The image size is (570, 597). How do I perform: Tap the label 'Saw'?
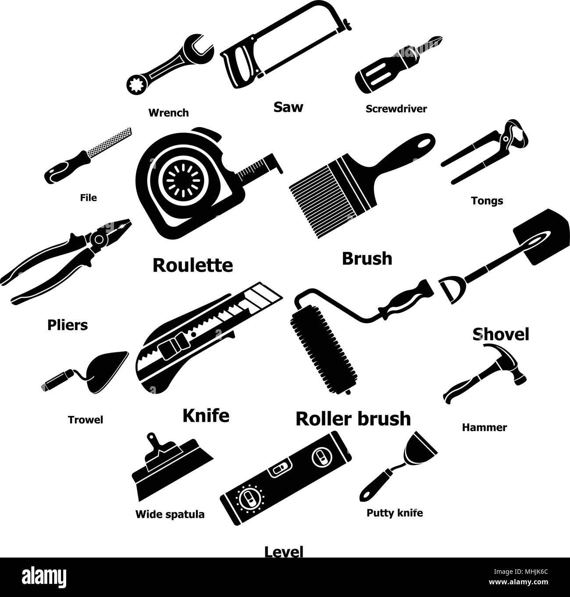pyautogui.click(x=288, y=107)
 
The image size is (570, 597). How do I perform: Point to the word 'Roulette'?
pyautogui.click(x=192, y=265)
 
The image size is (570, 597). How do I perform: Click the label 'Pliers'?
pyautogui.click(x=67, y=325)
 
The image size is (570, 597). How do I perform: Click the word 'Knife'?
pyautogui.click(x=206, y=415)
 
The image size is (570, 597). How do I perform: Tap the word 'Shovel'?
pyautogui.click(x=501, y=334)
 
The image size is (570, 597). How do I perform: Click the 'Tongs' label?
pyautogui.click(x=487, y=201)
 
